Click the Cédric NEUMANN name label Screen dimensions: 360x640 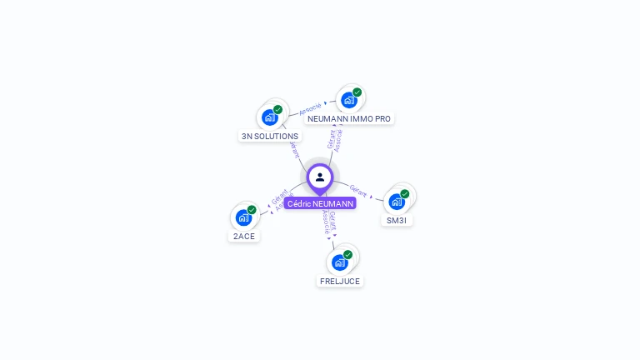[320, 203]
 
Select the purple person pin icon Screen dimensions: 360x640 [320, 177]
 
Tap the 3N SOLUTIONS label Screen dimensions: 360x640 [269, 136]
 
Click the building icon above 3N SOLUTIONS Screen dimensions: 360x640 [269, 117]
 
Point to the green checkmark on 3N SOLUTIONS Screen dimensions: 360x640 [277, 109]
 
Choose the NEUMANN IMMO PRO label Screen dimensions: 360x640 [348, 118]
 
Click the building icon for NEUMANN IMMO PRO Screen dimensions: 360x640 [348, 100]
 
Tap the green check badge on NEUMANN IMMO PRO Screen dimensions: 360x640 [357, 92]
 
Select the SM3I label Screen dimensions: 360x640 [397, 220]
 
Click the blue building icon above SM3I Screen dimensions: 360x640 [397, 202]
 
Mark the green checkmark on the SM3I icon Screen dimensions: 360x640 [405, 194]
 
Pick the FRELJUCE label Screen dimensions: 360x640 [340, 281]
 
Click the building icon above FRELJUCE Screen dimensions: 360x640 [339, 262]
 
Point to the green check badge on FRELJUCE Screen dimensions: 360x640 [347, 254]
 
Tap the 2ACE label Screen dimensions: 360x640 [244, 236]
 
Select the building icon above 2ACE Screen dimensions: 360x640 [243, 217]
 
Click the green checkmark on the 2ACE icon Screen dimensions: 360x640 [252, 210]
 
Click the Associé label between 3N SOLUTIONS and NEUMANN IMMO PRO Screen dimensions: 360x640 [310, 107]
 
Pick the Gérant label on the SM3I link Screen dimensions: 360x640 [358, 191]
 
